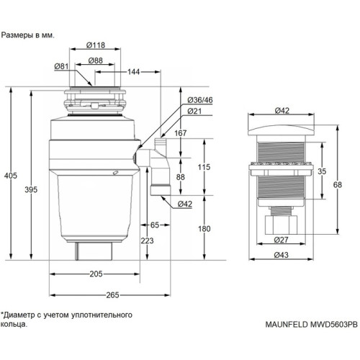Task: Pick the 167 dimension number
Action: tap(180, 132)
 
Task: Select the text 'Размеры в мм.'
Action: tap(27, 34)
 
